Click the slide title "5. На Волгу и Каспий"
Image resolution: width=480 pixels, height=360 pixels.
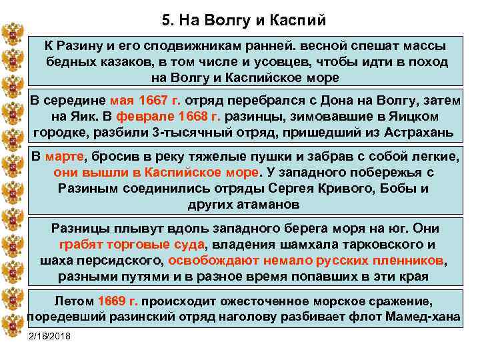[x=243, y=20]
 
